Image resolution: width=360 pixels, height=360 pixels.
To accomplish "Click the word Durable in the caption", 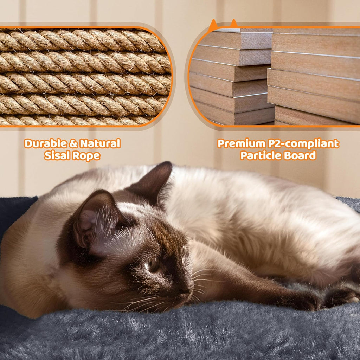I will click(45, 144).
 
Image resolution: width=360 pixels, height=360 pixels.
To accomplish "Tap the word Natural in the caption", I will click(100, 144).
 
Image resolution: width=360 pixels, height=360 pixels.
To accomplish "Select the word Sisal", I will click(57, 156).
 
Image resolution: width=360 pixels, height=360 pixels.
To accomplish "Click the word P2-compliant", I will click(304, 144).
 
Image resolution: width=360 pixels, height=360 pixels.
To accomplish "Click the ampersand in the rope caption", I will click(72, 144).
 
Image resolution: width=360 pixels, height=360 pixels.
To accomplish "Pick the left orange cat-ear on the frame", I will click(213, 25).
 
